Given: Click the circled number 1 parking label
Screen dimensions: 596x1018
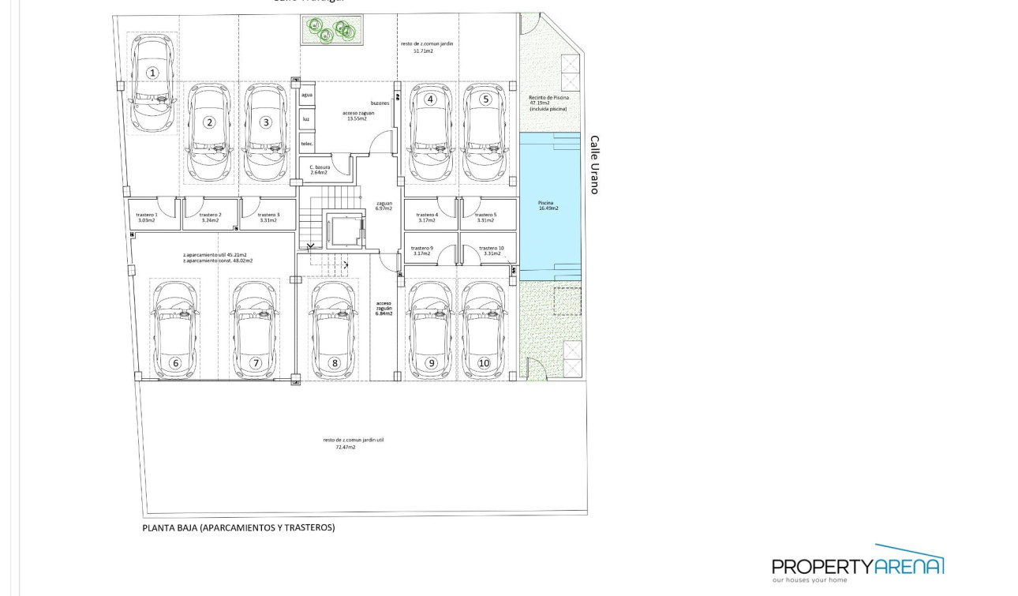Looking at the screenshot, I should coord(152,73).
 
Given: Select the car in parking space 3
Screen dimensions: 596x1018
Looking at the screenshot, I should coord(266,133).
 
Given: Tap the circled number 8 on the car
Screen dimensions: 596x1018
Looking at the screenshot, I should coord(335,363).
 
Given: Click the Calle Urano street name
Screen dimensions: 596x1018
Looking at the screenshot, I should coord(595,164).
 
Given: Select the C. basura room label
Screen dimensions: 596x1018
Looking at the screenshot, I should coord(320,169).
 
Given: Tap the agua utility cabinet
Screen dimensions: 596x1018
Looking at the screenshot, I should coord(307,95).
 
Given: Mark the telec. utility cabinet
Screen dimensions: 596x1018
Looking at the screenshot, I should coord(307,144).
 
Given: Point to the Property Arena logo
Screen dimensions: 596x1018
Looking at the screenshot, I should coord(858,564).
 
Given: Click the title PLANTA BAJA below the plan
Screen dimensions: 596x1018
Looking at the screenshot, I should coord(238,527).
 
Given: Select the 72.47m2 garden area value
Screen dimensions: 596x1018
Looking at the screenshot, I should coord(345,447).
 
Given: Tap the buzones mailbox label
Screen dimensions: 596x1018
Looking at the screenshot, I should coord(380,103).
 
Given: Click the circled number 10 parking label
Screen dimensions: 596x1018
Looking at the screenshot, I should coord(484,363).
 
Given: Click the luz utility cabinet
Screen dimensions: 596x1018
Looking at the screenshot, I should coord(307,119).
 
